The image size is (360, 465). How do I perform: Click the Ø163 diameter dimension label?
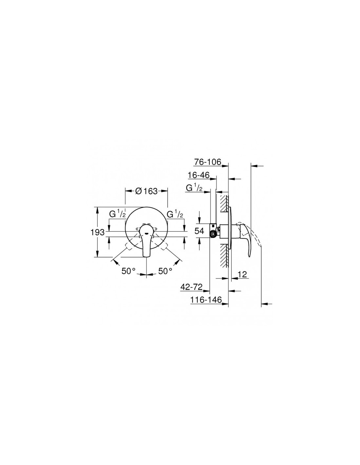146,191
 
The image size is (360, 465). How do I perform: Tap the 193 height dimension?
98,232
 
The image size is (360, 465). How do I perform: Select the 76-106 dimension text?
207,162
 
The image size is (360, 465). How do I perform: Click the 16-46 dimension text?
199,175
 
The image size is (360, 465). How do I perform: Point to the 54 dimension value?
199,231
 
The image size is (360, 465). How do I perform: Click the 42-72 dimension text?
191,287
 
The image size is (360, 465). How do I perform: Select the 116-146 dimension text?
206,300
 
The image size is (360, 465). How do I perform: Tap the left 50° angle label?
129,271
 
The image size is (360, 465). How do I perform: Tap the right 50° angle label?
165,271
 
